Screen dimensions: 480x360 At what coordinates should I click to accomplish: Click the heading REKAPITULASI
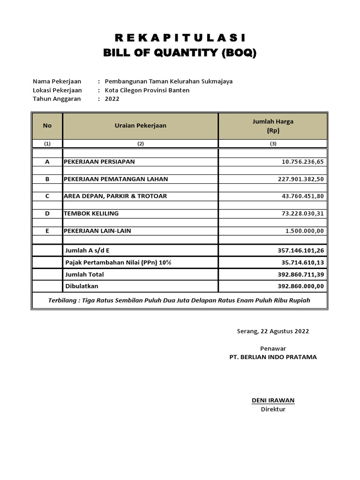180,38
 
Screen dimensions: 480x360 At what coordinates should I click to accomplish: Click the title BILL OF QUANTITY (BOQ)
180,53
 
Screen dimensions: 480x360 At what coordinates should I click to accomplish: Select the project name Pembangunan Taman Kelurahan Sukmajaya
169,81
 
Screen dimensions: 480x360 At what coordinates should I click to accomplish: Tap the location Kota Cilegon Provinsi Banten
147,90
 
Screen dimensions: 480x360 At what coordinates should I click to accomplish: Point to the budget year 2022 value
112,99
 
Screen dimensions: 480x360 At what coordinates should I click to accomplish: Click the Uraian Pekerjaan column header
141,126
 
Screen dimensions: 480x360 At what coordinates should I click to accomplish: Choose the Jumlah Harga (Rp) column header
273,126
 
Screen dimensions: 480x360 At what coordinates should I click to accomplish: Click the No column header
47,126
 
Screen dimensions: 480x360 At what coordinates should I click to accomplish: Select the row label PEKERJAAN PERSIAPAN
99,162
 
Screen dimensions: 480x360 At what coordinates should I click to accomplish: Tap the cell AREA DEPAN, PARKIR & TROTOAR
115,196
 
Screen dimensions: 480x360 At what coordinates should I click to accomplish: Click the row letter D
47,213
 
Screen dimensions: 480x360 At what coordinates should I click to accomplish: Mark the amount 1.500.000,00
305,231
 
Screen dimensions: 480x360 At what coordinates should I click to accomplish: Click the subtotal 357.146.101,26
300,251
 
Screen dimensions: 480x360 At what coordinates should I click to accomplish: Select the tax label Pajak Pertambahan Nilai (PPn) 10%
118,262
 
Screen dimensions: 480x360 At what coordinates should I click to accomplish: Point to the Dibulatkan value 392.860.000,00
300,286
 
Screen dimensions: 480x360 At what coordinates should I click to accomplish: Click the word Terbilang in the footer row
63,300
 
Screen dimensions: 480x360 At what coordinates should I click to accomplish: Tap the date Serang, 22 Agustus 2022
273,331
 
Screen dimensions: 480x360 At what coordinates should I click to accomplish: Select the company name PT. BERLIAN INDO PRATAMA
273,357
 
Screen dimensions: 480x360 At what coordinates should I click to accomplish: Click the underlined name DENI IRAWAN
273,400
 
